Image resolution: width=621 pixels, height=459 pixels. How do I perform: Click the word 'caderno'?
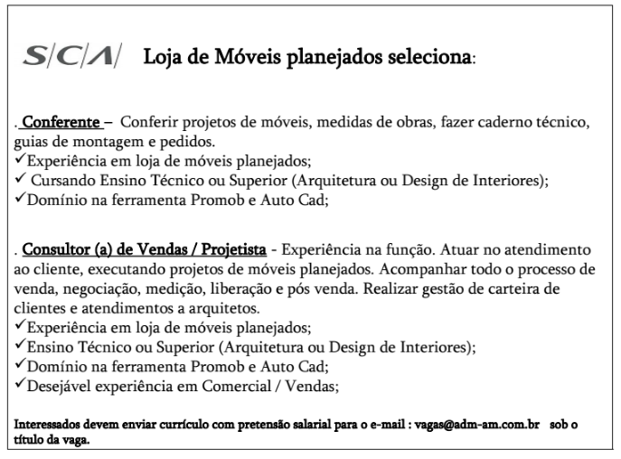(x=497, y=123)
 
